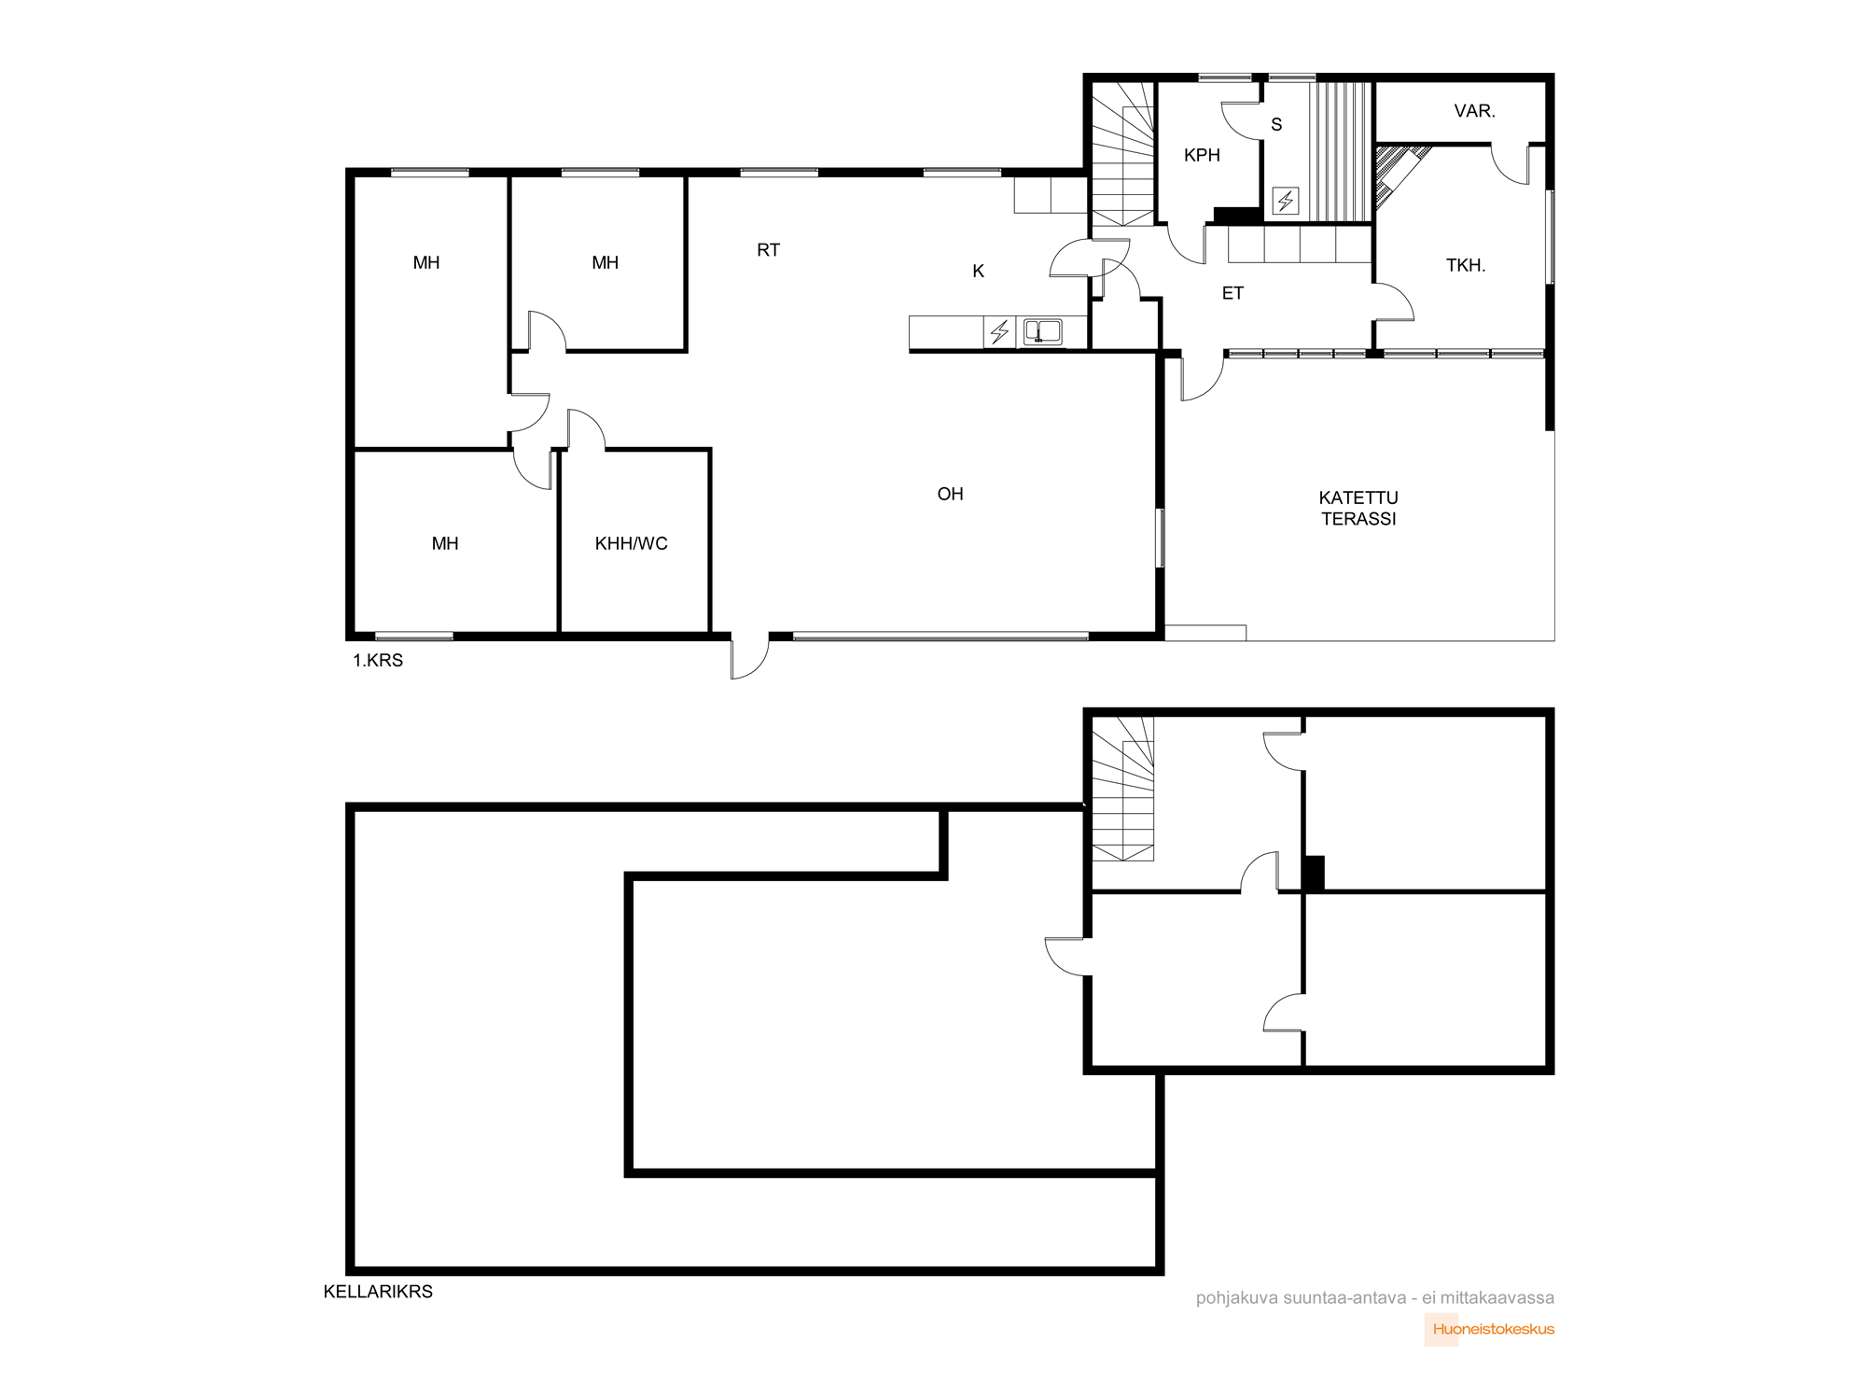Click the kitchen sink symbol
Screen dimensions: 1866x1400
tap(1042, 331)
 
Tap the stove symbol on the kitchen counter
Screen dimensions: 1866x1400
tap(999, 331)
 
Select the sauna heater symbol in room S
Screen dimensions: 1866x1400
tap(1286, 201)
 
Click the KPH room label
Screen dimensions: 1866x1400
tap(1202, 155)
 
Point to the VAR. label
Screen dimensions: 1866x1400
tap(1474, 111)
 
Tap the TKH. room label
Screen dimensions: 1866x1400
tap(1466, 265)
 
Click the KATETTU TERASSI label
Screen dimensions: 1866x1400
tap(1358, 508)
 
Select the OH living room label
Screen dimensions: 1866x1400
tap(950, 494)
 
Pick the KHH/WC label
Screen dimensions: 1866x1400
tap(632, 543)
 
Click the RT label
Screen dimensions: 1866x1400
tap(768, 250)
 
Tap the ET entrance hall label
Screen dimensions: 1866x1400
tap(1232, 293)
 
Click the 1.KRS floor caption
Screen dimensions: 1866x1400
tap(378, 660)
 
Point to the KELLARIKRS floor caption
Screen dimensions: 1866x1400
tap(378, 1292)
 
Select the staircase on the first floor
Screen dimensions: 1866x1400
tap(1123, 154)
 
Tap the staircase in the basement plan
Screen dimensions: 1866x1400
tap(1123, 789)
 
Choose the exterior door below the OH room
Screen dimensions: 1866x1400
tap(750, 657)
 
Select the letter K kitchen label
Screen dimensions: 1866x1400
tap(978, 271)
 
